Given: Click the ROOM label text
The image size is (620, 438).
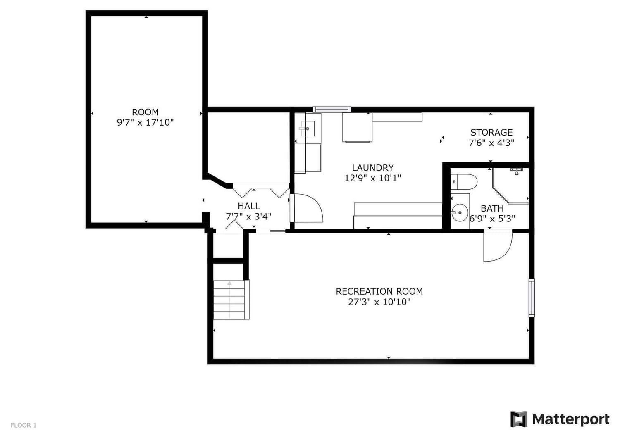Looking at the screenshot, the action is [145, 112].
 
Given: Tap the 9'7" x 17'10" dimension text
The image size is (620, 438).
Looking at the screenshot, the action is [145, 122].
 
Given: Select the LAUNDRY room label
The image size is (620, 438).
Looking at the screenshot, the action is [372, 168].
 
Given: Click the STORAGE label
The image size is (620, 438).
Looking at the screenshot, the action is [491, 132].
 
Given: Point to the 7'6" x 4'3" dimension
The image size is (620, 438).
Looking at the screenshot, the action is [491, 143].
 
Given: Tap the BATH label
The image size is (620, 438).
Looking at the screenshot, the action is [492, 208].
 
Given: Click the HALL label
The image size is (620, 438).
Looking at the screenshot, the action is [249, 206].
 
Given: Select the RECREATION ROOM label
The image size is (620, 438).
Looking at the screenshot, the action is [379, 291].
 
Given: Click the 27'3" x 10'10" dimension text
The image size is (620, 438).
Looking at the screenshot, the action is [379, 302].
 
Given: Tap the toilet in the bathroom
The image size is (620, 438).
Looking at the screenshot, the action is [464, 182].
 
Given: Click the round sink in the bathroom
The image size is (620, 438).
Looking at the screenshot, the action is [460, 212].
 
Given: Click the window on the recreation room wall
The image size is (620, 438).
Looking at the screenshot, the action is [532, 298].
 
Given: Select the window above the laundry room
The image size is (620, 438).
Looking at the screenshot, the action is [332, 109].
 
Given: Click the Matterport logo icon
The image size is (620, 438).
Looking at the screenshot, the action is [519, 419].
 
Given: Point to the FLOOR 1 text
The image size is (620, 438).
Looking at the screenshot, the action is [24, 425].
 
